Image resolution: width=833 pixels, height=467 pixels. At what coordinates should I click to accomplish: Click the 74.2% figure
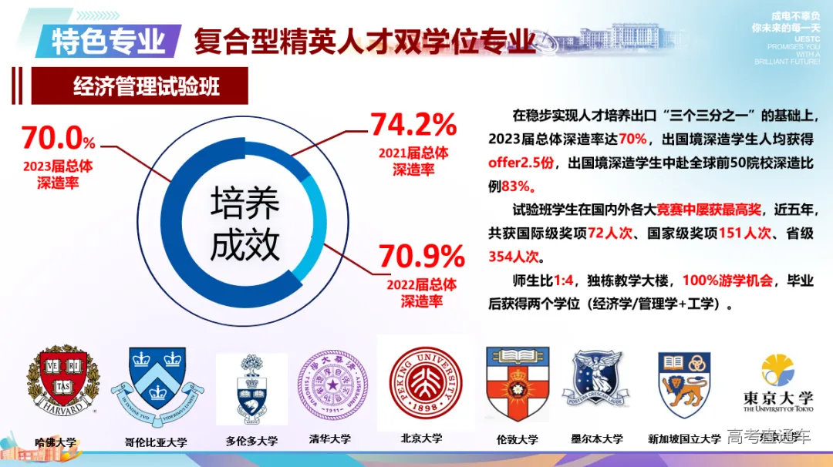[413, 125]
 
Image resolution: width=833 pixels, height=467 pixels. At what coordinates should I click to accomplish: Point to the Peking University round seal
[426, 383]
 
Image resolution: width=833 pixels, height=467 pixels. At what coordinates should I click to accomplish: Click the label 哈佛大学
[56, 442]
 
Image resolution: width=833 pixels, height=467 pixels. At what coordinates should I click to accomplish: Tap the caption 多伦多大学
[251, 442]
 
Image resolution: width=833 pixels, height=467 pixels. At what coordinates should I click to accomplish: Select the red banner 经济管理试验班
[146, 86]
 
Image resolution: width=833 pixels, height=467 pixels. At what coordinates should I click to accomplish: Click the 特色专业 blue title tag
[108, 40]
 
